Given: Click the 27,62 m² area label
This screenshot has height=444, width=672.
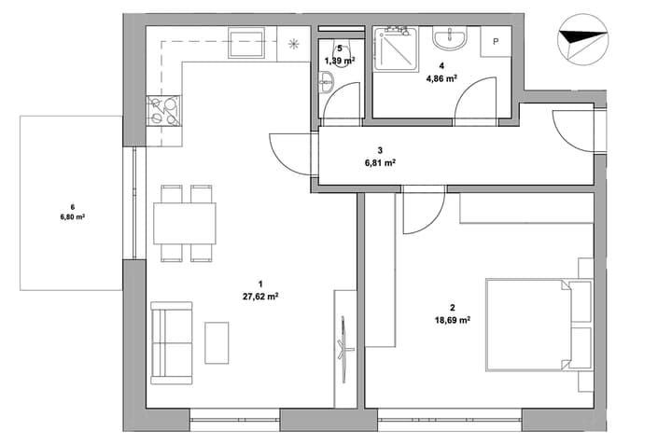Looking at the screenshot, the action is click(260, 297).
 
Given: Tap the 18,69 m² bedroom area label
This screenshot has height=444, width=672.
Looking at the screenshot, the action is click(453, 320).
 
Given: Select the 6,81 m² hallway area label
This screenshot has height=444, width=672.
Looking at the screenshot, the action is click(380, 162).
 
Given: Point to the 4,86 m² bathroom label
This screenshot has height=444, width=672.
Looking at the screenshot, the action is click(441, 78).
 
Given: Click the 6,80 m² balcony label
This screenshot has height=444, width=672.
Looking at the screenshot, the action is click(73, 216).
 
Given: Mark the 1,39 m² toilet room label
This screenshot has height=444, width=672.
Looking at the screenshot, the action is click(340, 61).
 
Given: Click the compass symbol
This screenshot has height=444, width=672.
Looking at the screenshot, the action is click(582, 39).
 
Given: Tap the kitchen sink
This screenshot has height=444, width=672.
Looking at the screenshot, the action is click(246, 42).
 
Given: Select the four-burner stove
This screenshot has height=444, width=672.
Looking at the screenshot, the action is click(163, 110).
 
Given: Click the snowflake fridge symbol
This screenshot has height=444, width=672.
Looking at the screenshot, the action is click(294, 44).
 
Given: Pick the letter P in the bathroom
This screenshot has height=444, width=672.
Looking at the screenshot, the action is click(496, 42).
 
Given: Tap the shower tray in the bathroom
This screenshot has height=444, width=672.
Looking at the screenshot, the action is click(396, 49).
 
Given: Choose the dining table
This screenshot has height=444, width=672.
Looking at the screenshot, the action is click(185, 224).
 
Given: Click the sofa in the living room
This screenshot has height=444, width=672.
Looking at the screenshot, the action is click(172, 342).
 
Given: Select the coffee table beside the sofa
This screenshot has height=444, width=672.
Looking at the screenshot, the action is click(217, 343).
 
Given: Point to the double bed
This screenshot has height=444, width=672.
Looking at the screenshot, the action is click(539, 325).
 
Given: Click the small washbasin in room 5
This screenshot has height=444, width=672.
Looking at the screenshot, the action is click(327, 81).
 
